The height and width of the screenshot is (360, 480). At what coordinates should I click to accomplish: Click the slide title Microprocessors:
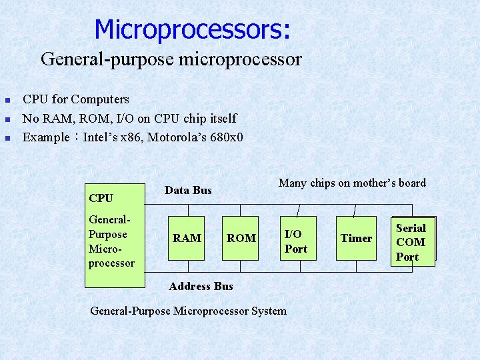(x=192, y=29)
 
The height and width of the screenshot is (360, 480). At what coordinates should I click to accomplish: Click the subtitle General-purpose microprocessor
(x=171, y=59)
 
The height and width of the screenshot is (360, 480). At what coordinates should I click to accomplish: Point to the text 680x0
(x=225, y=138)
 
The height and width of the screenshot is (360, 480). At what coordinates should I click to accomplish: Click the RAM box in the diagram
(x=187, y=238)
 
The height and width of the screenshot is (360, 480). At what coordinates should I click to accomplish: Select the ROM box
(x=241, y=238)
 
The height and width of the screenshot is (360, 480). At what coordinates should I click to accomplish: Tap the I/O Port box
(x=296, y=241)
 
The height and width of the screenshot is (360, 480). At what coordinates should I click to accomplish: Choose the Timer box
(x=356, y=238)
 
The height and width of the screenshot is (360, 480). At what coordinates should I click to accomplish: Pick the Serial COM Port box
(x=411, y=242)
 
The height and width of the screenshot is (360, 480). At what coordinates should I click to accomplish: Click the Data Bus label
(x=188, y=191)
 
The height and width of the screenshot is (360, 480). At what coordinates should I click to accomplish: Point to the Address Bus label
(x=201, y=286)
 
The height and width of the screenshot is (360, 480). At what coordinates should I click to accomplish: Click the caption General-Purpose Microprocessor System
(x=188, y=311)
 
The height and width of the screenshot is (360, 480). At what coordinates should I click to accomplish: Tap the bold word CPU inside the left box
(x=101, y=198)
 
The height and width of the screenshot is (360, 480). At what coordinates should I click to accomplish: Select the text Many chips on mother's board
(x=352, y=183)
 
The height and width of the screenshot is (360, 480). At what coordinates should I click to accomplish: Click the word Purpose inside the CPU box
(x=107, y=234)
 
